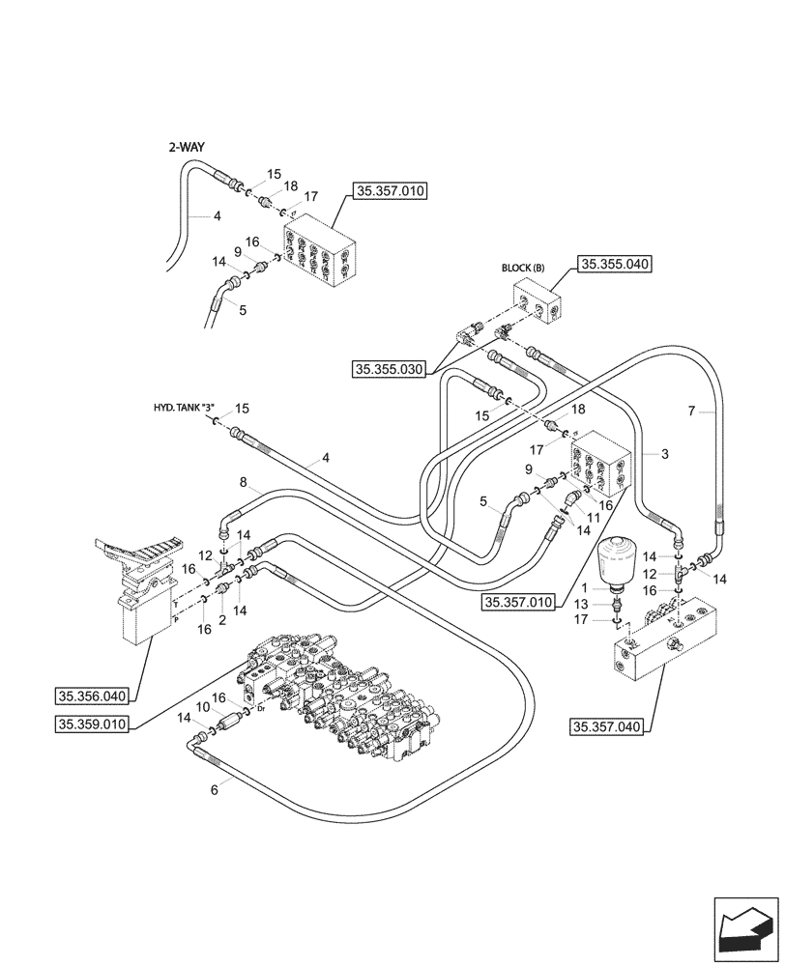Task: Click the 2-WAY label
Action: pos(193,147)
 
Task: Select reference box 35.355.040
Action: pos(614,263)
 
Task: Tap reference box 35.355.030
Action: pos(389,368)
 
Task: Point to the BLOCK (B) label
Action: pos(523,267)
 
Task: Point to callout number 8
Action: pos(244,481)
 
